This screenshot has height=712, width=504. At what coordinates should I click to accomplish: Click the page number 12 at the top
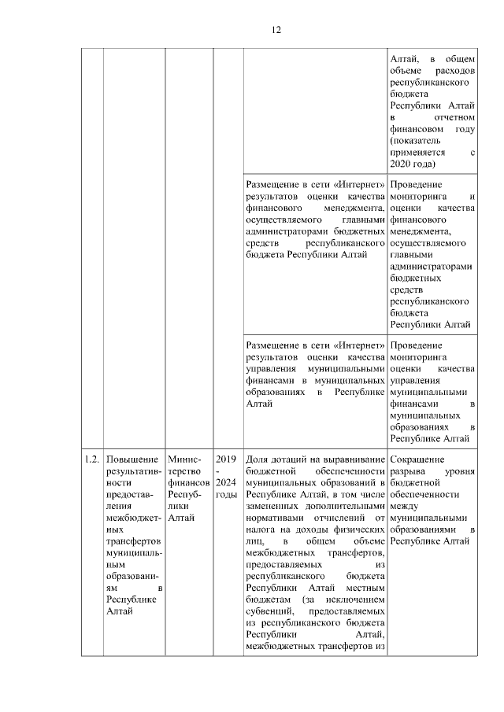pos(276,31)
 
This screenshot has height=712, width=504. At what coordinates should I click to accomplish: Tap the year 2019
pos(225,459)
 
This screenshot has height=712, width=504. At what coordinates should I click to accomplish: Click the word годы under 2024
pos(225,494)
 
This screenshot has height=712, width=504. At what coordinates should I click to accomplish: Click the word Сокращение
pos(418,459)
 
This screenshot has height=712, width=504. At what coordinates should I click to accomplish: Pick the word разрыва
pos(409,470)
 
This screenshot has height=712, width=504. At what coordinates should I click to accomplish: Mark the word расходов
pos(454,69)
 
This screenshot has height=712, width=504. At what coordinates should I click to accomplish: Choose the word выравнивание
pos(350,459)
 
